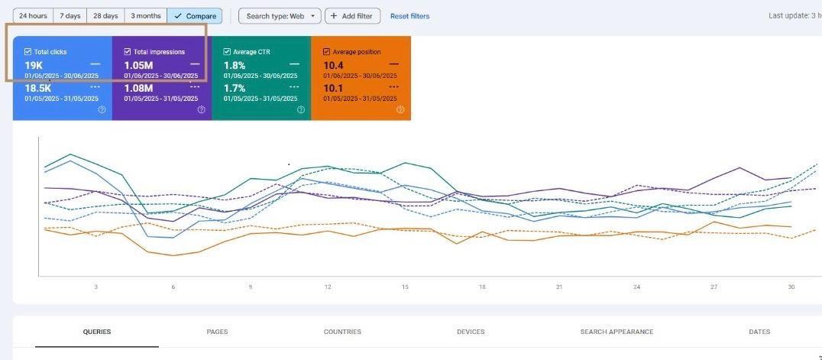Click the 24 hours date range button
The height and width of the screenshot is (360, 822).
[33, 16]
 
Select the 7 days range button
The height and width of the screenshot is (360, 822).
[70, 16]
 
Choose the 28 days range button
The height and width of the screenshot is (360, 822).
[105, 16]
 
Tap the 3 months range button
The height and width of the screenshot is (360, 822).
[145, 16]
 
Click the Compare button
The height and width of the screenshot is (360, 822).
[195, 16]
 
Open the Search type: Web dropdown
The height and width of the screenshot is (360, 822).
[280, 16]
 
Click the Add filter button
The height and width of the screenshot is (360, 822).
[352, 16]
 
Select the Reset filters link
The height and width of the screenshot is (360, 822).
[409, 16]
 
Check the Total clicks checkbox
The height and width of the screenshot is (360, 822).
[28, 52]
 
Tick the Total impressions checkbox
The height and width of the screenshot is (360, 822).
[128, 52]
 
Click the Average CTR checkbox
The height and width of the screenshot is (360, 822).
[227, 52]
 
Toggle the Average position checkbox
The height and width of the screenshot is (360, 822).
[327, 52]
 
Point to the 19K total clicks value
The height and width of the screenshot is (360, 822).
[34, 66]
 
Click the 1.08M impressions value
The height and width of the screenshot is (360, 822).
[138, 89]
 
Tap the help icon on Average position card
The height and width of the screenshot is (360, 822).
[400, 110]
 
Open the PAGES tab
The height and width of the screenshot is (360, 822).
[217, 332]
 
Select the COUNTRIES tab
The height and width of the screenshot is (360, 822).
[342, 332]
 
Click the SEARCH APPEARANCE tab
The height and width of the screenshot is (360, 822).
[616, 332]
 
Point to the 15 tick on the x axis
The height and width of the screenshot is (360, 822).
[405, 287]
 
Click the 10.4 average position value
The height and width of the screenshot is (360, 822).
[334, 66]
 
